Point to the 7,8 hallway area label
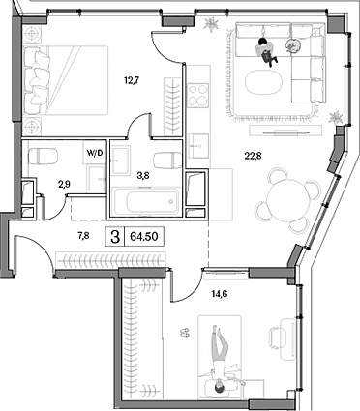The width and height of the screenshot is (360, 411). (x=84, y=233)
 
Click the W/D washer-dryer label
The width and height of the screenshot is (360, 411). (x=95, y=153)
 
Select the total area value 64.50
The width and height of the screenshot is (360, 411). (x=146, y=235)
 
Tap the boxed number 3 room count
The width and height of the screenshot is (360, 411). (x=116, y=235)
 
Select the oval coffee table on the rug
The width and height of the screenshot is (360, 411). (x=266, y=82)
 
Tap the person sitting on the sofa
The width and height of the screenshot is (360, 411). (x=263, y=48)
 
